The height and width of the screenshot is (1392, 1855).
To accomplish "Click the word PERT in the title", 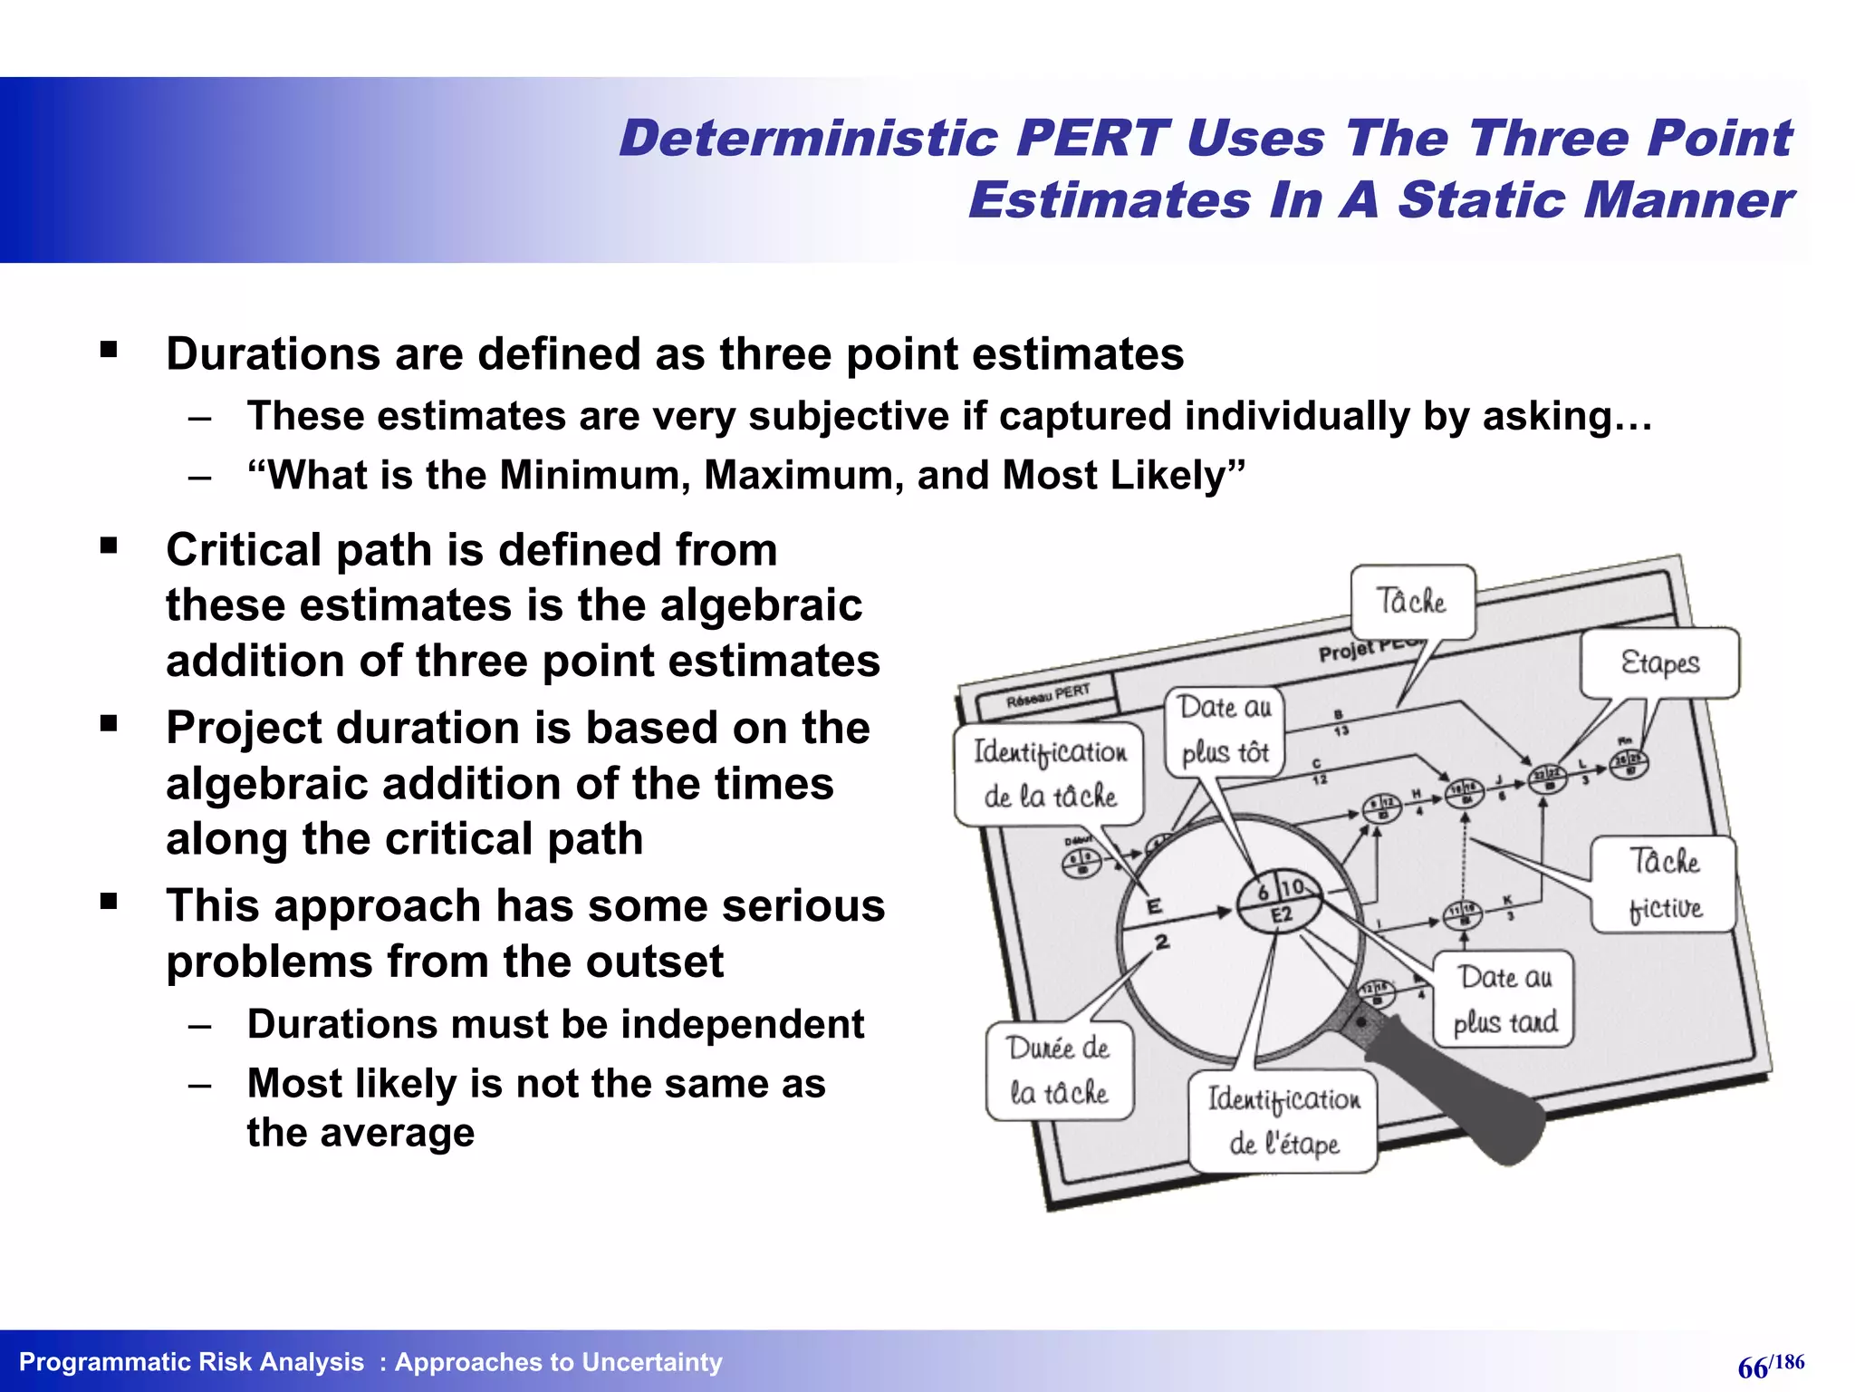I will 1091,139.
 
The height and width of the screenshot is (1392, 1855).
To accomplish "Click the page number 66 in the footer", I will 1753,1368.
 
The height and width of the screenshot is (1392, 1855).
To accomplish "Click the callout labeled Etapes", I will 1659,662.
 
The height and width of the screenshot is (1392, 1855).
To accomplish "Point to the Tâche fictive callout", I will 1664,884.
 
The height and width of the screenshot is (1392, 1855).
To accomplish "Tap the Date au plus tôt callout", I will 1225,730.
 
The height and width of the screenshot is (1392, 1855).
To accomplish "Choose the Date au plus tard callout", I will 1504,1000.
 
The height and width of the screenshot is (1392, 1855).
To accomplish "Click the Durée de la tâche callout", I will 1058,1070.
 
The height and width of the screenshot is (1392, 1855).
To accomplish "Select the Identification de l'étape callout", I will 1283,1121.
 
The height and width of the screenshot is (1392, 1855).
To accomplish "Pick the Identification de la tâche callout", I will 1050,773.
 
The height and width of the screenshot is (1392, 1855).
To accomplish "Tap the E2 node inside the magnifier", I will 1280,913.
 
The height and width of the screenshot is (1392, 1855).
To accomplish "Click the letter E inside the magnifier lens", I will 1154,905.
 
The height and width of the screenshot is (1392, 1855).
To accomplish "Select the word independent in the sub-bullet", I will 742,1024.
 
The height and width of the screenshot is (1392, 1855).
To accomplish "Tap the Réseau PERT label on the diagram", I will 1048,696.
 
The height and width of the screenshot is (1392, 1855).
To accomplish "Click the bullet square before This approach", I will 110,902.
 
